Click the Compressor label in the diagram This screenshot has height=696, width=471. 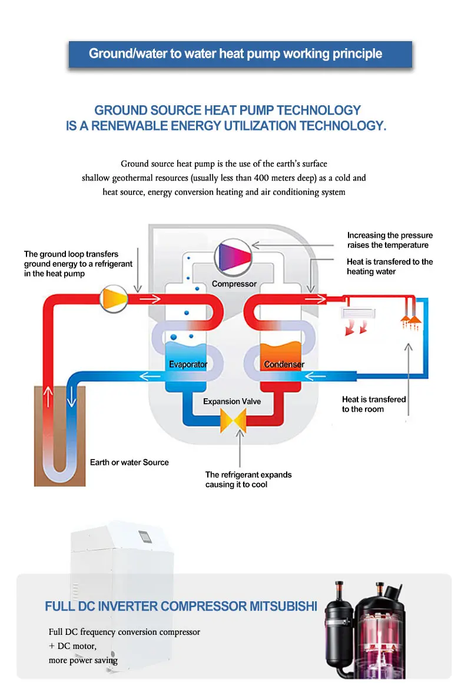click(x=234, y=284)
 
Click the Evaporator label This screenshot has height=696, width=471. click(x=188, y=365)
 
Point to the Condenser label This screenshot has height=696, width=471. click(x=284, y=365)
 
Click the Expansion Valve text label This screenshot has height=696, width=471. click(x=232, y=402)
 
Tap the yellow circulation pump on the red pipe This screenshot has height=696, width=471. click(x=114, y=298)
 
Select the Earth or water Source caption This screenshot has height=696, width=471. click(x=129, y=462)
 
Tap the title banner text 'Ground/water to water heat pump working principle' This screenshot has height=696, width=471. click(x=235, y=54)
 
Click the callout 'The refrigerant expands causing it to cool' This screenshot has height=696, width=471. click(x=248, y=479)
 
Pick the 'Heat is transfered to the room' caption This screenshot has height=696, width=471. click(x=374, y=404)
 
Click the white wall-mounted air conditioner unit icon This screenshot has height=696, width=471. click(x=359, y=314)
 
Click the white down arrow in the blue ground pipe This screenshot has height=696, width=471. click(x=71, y=398)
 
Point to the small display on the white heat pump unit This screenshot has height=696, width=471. click(x=145, y=538)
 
